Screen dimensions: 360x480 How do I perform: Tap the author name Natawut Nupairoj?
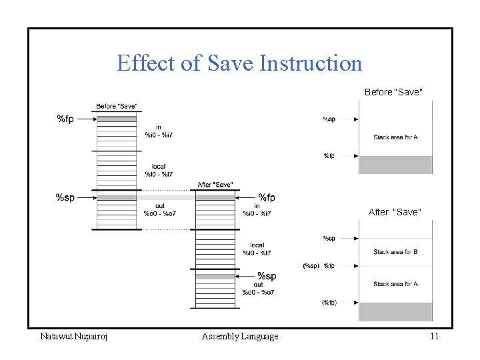74,336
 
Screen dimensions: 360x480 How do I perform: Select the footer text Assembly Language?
240,336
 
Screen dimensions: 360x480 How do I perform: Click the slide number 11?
434,336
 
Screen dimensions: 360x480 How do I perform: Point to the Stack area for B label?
395,252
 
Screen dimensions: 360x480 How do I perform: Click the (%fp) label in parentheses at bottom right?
329,302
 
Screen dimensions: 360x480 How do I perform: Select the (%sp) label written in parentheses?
311,266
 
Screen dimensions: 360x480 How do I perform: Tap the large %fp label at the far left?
65,119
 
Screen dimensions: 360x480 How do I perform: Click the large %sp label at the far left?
65,197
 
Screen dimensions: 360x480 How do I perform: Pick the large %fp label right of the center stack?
267,197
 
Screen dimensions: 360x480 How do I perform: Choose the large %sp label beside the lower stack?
267,276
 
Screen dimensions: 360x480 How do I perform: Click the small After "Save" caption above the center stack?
215,185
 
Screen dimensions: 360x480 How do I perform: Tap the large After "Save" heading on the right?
395,212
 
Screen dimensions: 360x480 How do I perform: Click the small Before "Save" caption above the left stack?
117,106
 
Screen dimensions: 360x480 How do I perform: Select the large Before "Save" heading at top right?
393,91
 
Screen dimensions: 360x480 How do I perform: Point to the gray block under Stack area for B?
395,311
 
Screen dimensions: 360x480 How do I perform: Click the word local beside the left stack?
159,167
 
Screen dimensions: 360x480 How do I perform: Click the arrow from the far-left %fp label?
86,119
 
